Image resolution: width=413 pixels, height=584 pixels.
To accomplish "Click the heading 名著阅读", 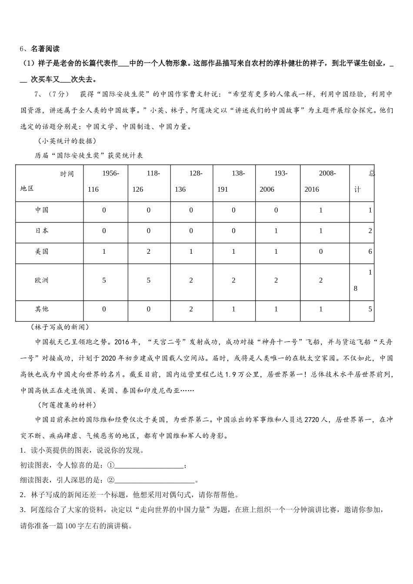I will click(45, 49).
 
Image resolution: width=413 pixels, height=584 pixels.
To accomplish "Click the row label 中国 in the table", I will click(42, 210).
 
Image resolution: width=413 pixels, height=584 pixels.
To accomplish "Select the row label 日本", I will click(42, 231).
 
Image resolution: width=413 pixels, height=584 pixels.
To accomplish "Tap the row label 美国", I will click(42, 252).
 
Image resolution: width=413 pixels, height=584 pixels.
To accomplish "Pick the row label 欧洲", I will click(42, 281).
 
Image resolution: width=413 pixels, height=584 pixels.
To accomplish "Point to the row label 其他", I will click(42, 309).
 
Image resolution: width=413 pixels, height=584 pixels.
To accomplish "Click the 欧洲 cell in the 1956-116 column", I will click(104, 281).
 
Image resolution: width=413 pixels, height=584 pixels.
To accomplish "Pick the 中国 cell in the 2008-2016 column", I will click(321, 210).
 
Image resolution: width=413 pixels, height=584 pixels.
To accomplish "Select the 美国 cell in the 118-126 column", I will click(149, 252).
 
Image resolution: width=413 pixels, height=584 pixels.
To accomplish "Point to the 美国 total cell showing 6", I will click(370, 252).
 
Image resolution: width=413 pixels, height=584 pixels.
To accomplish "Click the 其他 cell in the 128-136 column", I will click(191, 309).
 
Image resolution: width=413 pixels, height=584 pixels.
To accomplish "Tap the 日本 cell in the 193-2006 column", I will click(276, 231).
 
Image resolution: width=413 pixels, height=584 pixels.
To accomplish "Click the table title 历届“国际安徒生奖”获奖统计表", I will click(89, 156).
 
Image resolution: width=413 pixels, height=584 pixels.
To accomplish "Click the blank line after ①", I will click(149, 466).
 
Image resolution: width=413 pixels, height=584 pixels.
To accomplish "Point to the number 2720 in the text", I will click(313, 420).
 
